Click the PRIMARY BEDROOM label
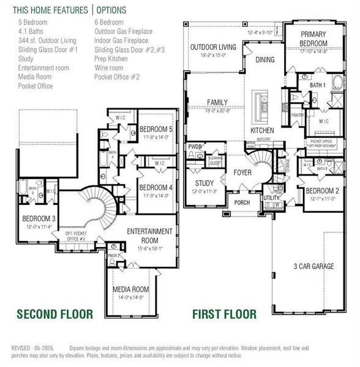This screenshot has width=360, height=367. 313,39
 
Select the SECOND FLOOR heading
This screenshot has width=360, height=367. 54,314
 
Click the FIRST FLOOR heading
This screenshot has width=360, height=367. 224,314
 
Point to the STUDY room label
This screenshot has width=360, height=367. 204,183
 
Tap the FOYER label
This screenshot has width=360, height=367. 242,172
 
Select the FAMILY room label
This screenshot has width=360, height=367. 217,102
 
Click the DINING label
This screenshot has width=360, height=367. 265,59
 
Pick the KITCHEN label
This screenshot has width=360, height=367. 262,131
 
